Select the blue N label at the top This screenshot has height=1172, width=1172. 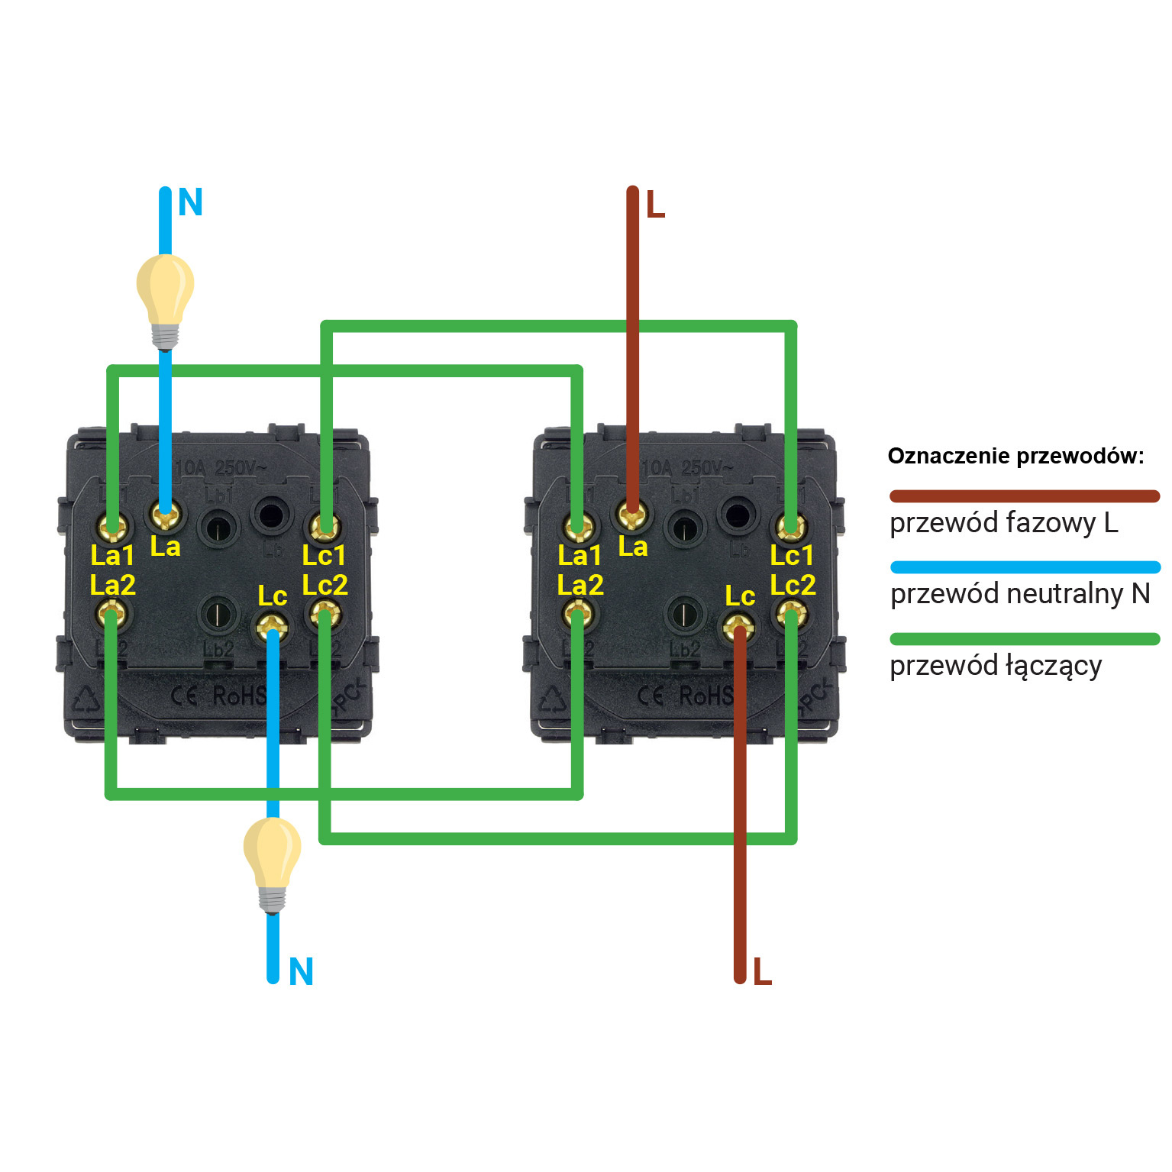190,203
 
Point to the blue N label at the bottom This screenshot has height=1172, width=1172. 301,972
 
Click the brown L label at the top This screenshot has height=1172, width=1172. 655,205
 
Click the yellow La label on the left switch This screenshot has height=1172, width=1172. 165,547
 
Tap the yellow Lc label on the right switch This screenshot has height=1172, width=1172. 739,596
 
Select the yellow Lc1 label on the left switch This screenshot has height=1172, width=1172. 324,555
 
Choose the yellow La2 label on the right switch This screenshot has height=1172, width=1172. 580,586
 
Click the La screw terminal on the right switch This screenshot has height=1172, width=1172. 632,515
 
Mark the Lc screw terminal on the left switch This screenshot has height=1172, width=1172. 272,628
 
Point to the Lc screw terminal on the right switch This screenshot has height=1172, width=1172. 738,628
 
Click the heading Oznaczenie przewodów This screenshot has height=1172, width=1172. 1015,456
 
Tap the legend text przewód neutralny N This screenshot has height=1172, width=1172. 1020,594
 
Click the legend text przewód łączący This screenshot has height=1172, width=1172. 996,666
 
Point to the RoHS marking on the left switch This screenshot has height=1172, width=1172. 240,696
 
